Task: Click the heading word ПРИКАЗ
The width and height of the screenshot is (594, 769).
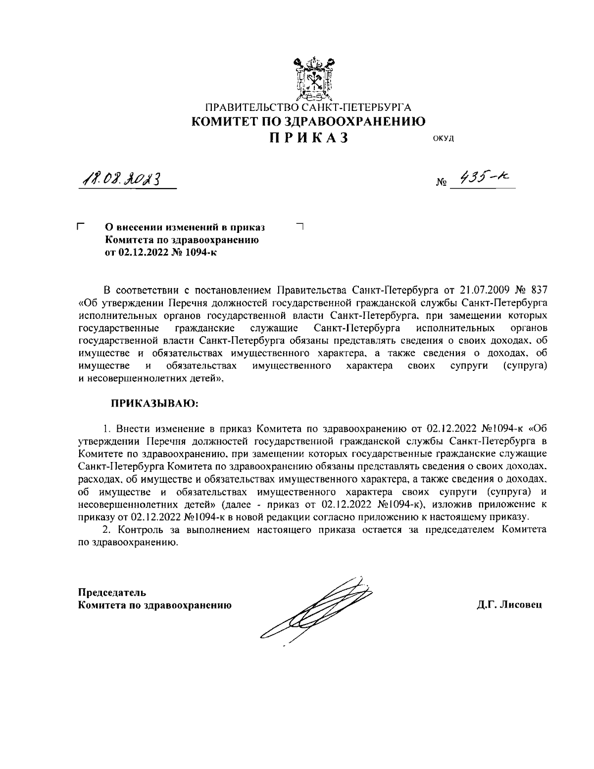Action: (309, 137)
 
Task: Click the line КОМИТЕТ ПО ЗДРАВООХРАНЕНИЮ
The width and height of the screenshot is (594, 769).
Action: (308, 121)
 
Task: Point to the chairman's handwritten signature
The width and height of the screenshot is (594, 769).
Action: (317, 610)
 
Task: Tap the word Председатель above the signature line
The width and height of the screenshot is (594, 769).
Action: (112, 592)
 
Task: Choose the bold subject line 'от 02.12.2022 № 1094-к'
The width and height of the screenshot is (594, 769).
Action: (161, 253)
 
